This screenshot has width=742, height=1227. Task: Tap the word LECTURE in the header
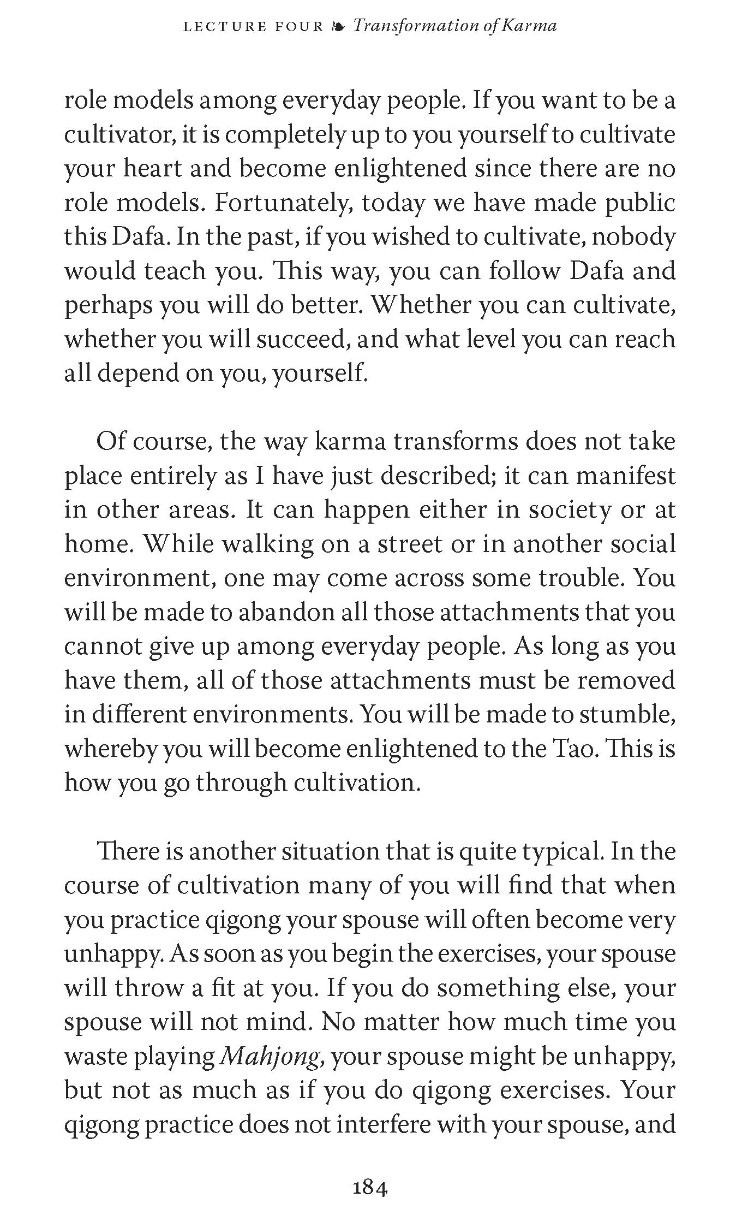coord(225,26)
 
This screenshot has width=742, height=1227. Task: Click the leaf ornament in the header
coord(338,26)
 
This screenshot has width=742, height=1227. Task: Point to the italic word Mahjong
coord(270,1058)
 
